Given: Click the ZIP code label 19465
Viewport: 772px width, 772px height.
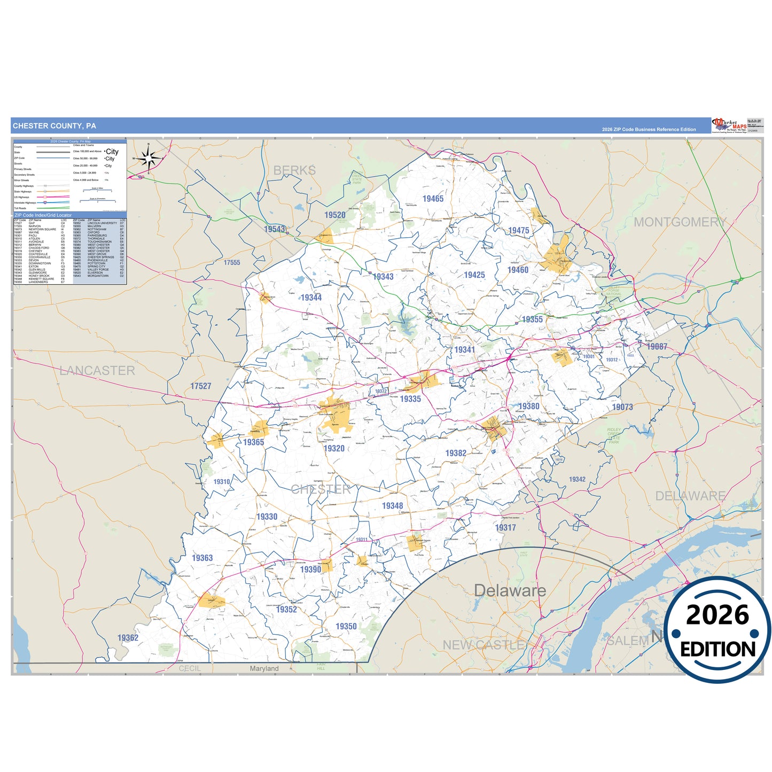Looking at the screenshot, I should pos(433,199).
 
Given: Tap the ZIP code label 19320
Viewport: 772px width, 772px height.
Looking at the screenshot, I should pos(334,448).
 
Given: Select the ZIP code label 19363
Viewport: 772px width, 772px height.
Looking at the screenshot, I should pos(202,558).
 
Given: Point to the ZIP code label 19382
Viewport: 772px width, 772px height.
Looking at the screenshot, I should pos(456,453).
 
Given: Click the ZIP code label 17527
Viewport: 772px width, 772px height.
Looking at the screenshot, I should pos(201,386).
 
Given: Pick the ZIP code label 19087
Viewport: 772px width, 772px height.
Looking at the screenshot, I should pos(657,346).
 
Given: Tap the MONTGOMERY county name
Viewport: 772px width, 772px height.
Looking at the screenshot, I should pos(680,222).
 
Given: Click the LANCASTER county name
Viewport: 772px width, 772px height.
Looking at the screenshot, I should pos(97,370).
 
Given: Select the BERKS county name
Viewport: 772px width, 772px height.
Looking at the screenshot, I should pos(294,170).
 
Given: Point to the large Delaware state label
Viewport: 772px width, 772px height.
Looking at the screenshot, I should pos(510,590).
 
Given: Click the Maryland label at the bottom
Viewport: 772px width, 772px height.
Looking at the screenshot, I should pos(264,668).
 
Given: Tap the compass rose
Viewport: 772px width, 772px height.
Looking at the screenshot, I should pos(149,158).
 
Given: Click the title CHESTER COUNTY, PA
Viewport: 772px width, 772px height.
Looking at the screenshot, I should pos(54,126).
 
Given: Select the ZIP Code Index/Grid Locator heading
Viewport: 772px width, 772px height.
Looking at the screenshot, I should pos(43,215).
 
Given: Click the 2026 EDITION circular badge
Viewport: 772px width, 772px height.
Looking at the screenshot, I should pos(718,630).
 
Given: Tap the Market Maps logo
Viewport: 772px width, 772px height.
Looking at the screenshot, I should pos(729,126).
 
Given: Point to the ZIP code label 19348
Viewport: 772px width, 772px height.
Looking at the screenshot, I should pos(392,505).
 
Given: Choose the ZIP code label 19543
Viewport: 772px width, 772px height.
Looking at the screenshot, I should pos(275,229).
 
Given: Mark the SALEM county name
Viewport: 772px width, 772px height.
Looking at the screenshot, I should pos(628,640).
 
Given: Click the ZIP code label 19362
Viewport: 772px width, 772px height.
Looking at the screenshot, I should pos(128,637).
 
